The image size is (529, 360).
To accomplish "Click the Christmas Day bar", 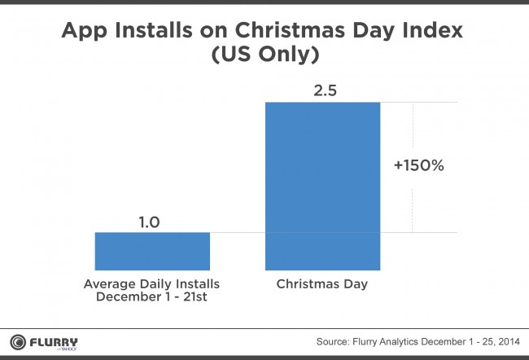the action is (x=322, y=186).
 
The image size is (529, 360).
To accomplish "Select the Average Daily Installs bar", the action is (x=152, y=251).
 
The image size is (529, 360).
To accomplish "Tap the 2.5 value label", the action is (x=326, y=90).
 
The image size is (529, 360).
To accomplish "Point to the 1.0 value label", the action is (x=149, y=222).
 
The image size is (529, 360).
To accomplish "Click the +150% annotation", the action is (x=418, y=165).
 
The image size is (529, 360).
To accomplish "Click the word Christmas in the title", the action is (x=291, y=30).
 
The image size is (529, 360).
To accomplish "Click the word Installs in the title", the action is (x=154, y=30).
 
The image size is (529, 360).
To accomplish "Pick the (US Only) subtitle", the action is (x=265, y=55).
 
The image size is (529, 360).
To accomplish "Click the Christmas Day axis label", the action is (x=321, y=284).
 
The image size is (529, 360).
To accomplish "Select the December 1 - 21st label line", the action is (x=151, y=296).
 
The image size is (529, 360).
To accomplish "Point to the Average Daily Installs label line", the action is (x=151, y=284).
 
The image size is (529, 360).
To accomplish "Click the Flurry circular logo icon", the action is (x=18, y=342).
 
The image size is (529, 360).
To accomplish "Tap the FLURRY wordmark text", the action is (x=54, y=342).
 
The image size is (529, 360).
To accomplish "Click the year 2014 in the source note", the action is (x=509, y=342).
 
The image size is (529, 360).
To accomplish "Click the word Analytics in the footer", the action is (x=399, y=342).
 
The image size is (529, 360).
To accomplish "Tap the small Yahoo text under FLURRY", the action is (x=70, y=349).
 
